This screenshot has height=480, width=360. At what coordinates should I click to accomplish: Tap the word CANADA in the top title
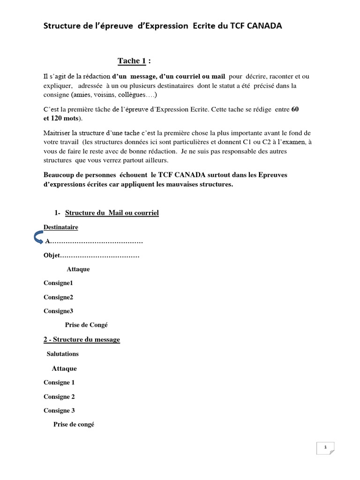point(264,26)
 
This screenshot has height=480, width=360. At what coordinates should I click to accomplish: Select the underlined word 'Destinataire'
point(61,227)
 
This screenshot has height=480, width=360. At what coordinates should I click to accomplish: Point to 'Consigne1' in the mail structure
point(59,283)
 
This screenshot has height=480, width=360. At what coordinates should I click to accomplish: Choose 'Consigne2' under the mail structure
point(59,297)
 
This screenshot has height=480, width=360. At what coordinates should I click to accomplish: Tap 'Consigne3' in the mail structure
point(59,311)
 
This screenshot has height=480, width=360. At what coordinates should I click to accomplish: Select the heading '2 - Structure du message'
point(82,339)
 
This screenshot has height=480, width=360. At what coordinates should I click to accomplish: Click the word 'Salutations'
point(63,354)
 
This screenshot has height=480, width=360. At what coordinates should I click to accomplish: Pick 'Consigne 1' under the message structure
point(59,382)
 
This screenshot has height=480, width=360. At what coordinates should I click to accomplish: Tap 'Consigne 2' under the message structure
point(59,397)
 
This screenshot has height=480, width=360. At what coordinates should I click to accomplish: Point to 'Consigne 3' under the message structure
point(59,411)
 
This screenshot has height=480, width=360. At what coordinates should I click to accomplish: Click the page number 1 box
point(325,448)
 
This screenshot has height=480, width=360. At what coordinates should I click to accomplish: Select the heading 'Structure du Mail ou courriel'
point(112,213)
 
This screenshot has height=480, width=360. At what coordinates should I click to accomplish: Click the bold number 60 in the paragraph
point(295,109)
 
